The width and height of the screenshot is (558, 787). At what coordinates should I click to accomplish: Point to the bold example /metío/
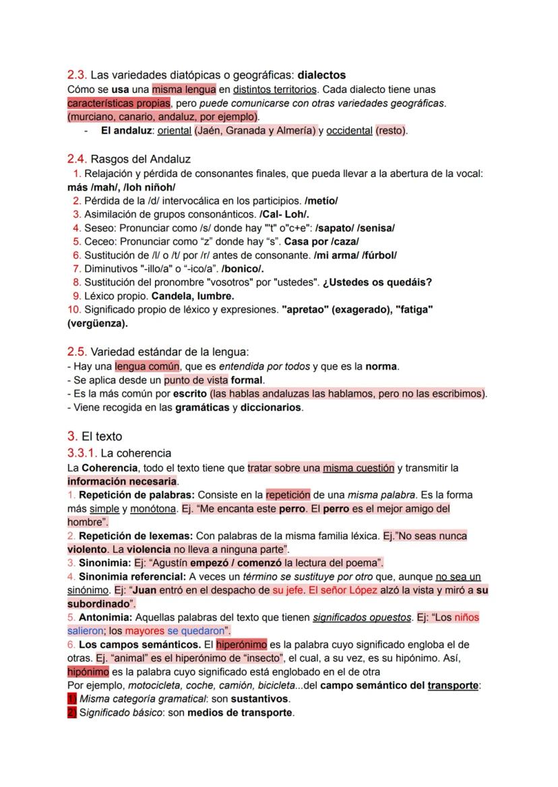[321, 201]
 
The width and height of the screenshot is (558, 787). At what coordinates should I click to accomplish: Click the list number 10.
[73, 310]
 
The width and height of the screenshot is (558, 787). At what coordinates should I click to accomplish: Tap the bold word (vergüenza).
[98, 323]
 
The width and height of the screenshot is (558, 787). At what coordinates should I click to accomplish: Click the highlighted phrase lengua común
[147, 366]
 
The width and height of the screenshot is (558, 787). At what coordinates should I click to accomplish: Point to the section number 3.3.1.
[82, 453]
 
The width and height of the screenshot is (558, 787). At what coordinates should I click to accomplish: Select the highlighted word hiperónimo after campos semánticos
[241, 644]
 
